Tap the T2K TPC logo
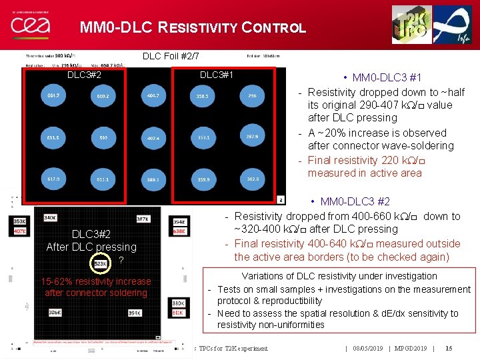pyautogui.click(x=411, y=24)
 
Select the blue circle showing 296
pyautogui.click(x=251, y=97)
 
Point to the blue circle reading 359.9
pyautogui.click(x=203, y=179)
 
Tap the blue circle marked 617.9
pyautogui.click(x=53, y=179)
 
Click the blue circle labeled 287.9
pyautogui.click(x=252, y=137)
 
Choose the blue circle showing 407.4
pyautogui.click(x=153, y=139)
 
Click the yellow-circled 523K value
pyautogui.click(x=101, y=263)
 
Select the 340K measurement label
pyautogui.click(x=50, y=217)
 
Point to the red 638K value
pyautogui.click(x=179, y=231)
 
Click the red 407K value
pyautogui.click(x=20, y=231)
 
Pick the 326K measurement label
pyautogui.click(x=55, y=312)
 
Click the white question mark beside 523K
pyautogui.click(x=121, y=261)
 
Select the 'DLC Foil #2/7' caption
pyautogui.click(x=171, y=56)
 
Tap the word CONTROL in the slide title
pyautogui.click(x=275, y=28)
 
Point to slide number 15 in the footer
pyautogui.click(x=449, y=348)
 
